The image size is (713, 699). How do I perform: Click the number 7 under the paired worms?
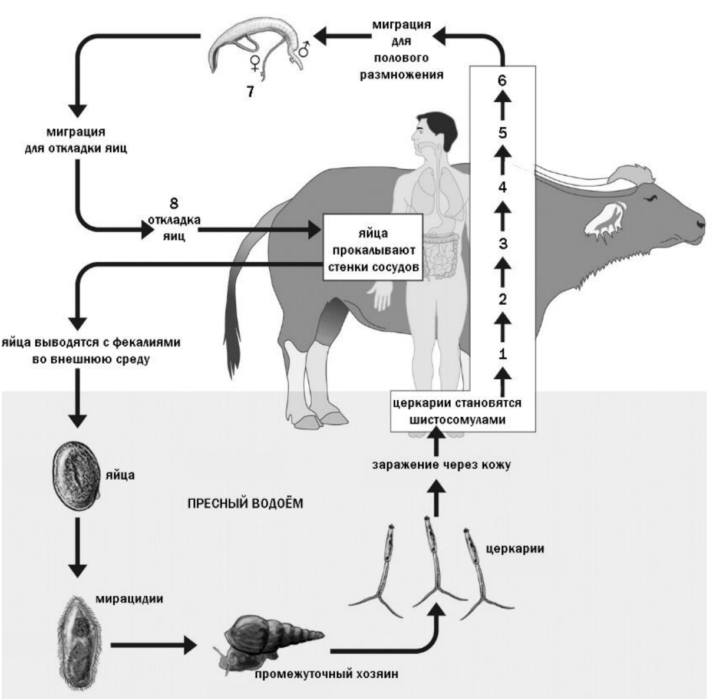point(250,91)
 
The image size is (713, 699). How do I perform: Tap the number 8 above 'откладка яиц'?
point(173,204)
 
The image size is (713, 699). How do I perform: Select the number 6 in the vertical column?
point(501,81)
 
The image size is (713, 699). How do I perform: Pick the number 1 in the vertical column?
point(502,354)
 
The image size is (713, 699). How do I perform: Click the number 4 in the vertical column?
point(502,188)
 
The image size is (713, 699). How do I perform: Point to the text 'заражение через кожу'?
point(441,465)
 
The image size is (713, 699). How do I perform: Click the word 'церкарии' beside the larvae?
point(514,548)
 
